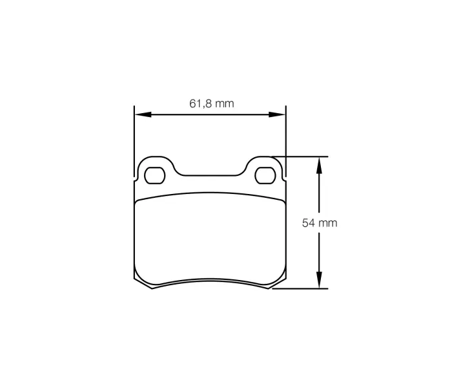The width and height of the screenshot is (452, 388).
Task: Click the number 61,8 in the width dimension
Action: pos(198,103)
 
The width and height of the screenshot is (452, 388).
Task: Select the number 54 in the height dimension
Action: pos(308,223)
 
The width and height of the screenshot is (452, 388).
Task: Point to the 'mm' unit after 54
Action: pos(329,223)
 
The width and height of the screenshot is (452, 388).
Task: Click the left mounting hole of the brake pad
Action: pos(154,175)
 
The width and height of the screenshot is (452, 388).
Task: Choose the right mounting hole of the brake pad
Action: pos(265,175)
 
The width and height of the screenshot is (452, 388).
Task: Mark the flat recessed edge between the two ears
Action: pos(210,175)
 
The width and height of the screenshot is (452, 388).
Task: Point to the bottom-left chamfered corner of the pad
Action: pos(142,283)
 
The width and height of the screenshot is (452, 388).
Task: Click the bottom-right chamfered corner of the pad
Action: pos(277,283)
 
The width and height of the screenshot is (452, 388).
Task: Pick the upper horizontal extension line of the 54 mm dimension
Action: pos(303,156)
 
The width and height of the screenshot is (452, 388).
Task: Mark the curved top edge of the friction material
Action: pos(210,193)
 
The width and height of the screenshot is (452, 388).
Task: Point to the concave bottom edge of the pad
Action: pos(210,281)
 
